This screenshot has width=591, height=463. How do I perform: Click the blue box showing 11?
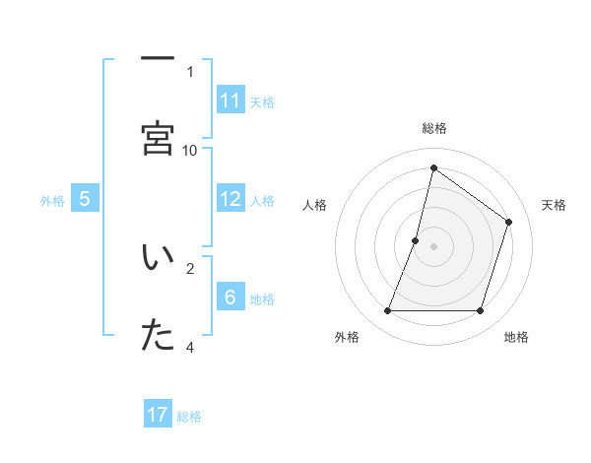point(230,100)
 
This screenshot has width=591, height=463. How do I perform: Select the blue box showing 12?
point(230,199)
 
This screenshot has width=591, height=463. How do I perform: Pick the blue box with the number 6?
point(230,298)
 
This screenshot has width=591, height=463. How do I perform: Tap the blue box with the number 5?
point(85,199)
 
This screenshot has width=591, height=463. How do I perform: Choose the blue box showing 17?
point(158,415)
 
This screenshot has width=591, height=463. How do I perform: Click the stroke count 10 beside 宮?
point(190,150)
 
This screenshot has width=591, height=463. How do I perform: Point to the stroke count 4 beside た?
point(190,347)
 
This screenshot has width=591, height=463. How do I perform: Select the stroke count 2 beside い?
point(190,267)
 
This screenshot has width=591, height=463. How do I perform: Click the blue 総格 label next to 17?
point(189,417)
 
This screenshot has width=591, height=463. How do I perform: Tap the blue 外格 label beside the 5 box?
point(52,201)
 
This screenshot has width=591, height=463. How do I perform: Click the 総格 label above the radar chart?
point(433,128)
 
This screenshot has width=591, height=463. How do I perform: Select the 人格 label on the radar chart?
point(315,205)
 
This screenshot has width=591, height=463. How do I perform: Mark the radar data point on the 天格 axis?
point(509,222)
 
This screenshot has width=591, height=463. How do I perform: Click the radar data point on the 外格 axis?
point(387,311)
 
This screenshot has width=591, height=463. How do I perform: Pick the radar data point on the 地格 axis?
point(481,311)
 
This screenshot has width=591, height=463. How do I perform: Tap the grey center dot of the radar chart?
point(433,246)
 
